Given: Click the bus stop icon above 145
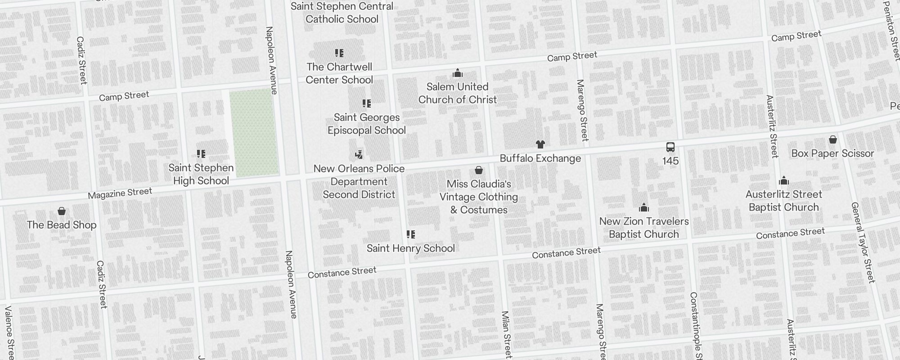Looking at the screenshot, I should click(x=670, y=147).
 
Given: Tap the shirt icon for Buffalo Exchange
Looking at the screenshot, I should click(x=540, y=144).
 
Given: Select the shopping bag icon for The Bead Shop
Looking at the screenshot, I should click(x=62, y=211).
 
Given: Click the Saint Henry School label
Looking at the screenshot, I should click(x=410, y=248).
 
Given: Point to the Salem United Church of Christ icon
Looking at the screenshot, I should click(x=458, y=73).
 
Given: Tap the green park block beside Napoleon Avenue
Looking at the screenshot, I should click(x=254, y=133).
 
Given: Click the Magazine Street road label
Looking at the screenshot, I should click(x=120, y=193).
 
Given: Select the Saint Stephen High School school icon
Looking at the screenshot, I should click(x=201, y=154).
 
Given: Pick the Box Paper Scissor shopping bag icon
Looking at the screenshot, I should click(x=832, y=139).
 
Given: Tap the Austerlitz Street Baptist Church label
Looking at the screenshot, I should click(x=783, y=201).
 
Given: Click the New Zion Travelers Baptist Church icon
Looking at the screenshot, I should click(x=644, y=207).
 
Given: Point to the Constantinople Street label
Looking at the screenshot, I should click(x=696, y=326).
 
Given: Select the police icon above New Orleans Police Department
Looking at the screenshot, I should click(x=359, y=155).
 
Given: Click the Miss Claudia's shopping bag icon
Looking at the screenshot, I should click(x=479, y=170).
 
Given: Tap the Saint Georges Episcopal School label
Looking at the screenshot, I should click(x=366, y=124).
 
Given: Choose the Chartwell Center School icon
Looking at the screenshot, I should click(x=339, y=53).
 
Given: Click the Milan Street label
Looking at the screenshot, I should click(x=506, y=334).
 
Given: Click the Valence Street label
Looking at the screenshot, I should click(x=9, y=332).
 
